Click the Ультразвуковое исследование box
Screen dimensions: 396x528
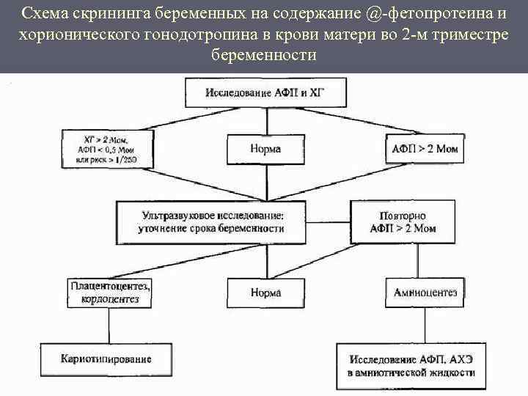click(211, 222)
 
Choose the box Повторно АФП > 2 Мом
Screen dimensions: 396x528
click(408, 222)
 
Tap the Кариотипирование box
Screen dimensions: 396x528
click(107, 359)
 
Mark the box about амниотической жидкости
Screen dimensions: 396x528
click(411, 366)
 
